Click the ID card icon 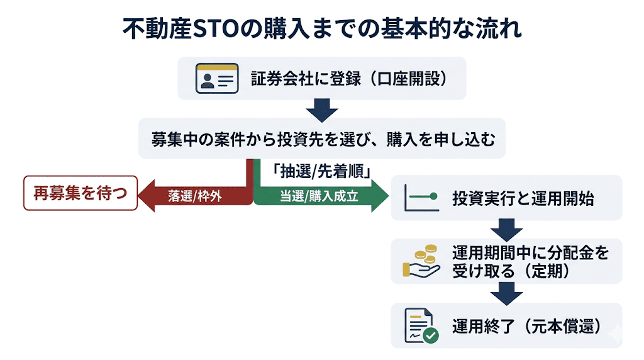pos(216,79)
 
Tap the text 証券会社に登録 pos(306,79)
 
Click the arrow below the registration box pos(322,110)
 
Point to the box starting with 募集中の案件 pos(321,138)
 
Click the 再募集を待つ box pos(80,193)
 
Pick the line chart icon pos(421,197)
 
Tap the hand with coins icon pos(421,262)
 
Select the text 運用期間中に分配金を pos(530,253)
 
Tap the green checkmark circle pos(431,335)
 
